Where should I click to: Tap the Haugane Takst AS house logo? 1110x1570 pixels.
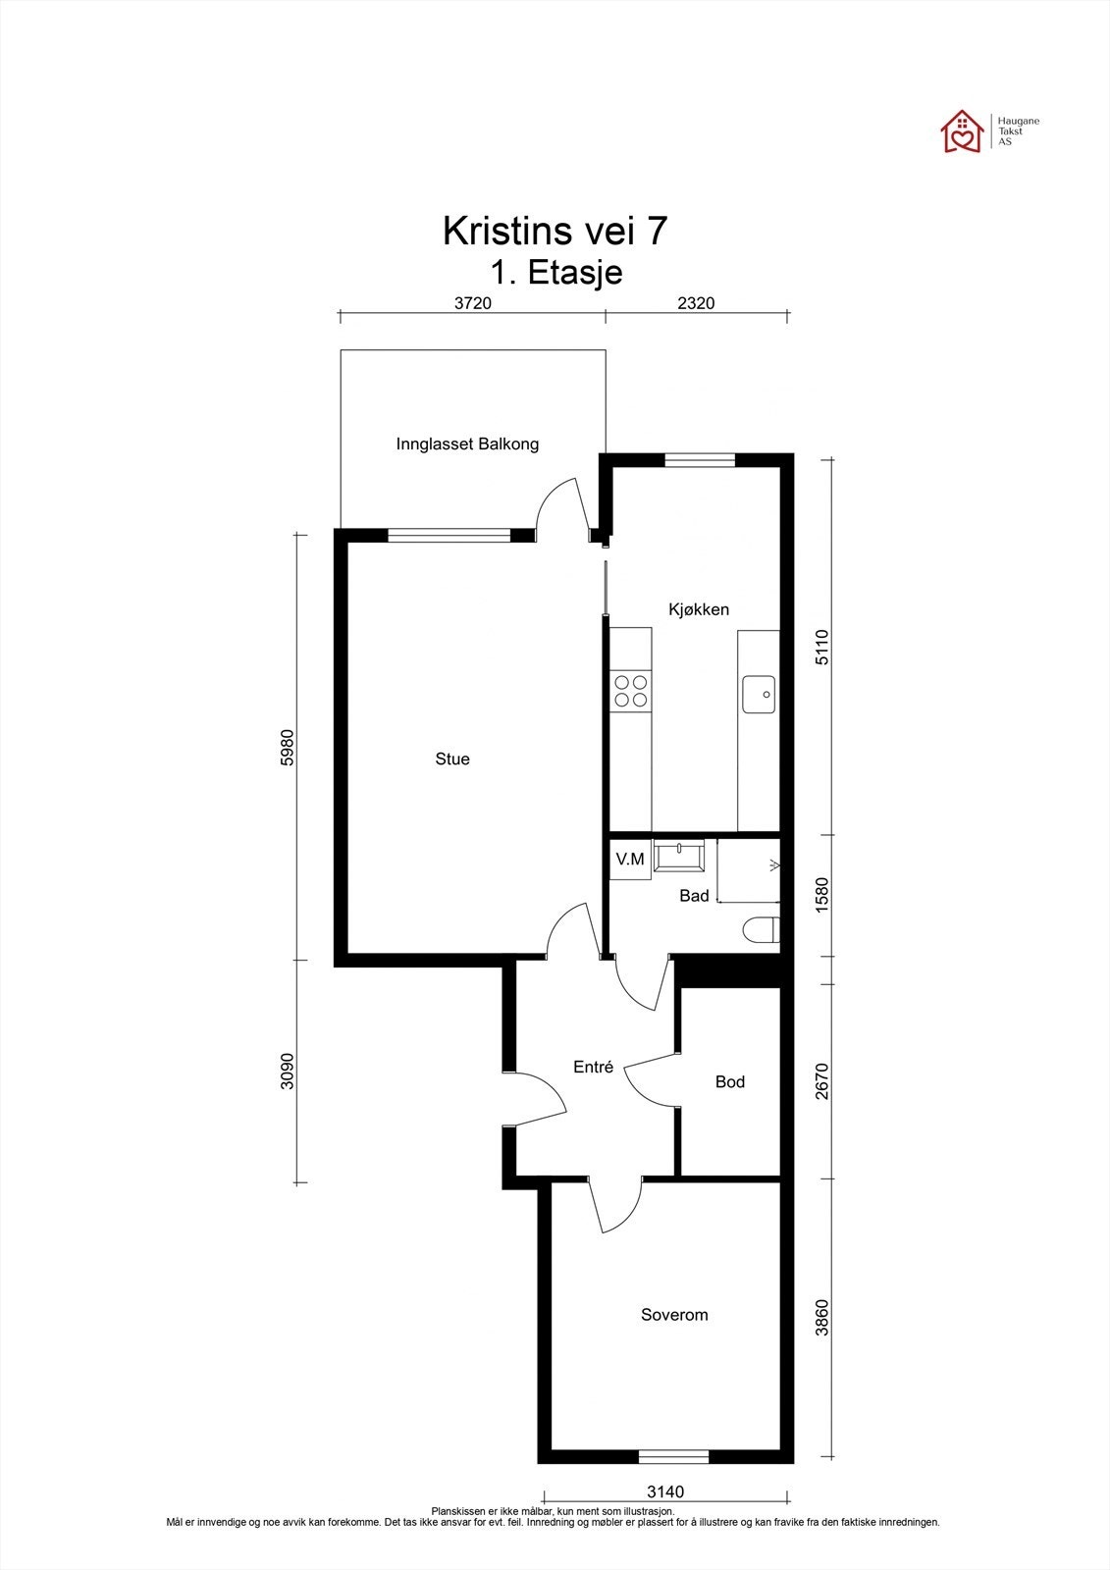tap(963, 131)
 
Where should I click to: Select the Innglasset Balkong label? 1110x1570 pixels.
tap(467, 444)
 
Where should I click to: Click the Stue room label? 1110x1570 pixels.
tap(452, 759)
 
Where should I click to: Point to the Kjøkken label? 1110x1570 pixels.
tap(699, 609)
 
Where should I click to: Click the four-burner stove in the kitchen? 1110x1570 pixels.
tap(630, 691)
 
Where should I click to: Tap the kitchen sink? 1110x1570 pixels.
tap(759, 694)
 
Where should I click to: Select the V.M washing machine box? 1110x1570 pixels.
tap(630, 859)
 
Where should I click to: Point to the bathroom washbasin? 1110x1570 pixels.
tap(679, 855)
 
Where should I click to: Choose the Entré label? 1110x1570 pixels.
tap(593, 1066)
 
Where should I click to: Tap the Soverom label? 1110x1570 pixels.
tap(674, 1314)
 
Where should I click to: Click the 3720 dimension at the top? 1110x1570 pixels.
tap(473, 303)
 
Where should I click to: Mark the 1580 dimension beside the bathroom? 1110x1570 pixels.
tap(821, 894)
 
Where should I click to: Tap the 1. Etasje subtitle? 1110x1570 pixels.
tap(556, 272)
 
